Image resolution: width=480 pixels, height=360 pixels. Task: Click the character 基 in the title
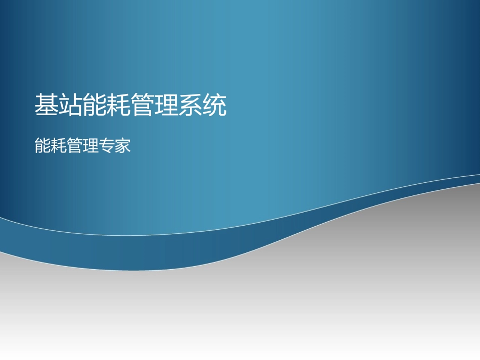point(46,105)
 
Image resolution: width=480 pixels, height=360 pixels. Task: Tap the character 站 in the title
point(71,105)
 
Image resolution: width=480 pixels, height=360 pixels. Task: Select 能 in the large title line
point(94,105)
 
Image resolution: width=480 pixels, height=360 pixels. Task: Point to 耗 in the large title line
point(119,105)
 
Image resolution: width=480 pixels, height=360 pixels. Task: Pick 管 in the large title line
point(143,105)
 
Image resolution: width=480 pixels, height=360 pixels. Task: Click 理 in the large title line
point(167,105)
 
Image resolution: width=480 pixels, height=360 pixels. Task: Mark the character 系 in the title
point(191,105)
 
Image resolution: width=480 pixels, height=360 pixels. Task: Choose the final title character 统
point(215,105)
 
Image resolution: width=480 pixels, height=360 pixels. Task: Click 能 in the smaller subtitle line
point(42,146)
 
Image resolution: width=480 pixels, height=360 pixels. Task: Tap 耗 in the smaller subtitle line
point(59,146)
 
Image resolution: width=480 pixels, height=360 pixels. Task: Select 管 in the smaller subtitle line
point(75,146)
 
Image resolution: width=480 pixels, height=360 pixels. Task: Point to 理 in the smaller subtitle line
point(91,146)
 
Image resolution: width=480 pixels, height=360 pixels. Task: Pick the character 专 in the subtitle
point(107,146)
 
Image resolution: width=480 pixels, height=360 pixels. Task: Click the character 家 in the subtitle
point(123,146)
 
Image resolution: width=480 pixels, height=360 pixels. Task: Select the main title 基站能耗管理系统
point(130,105)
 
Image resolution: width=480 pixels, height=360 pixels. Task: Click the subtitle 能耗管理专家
point(83,146)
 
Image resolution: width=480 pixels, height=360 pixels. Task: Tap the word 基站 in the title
point(59,105)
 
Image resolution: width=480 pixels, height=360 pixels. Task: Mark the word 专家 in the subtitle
point(115,146)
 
